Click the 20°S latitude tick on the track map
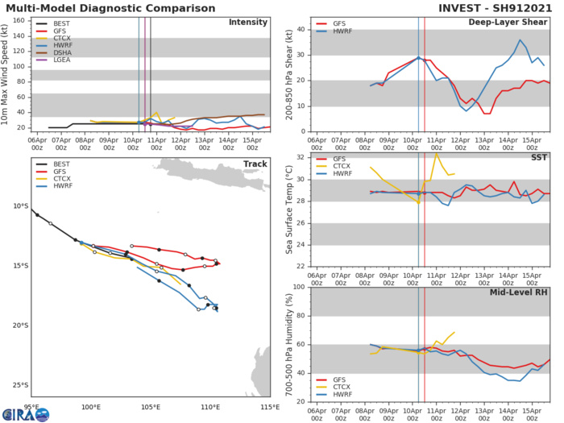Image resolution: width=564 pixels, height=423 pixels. coord(17,326)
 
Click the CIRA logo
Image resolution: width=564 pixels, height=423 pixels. coord(25,413)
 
